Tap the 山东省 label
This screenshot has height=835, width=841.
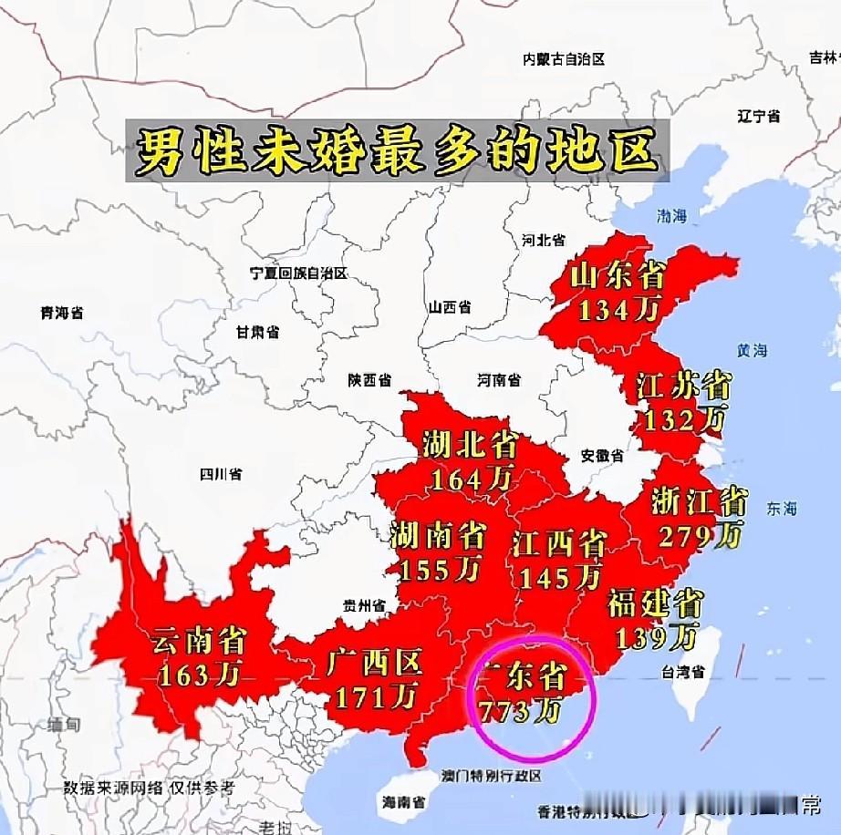pos(618,276)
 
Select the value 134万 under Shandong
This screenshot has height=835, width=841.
pos(618,310)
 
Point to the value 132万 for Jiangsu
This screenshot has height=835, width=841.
pos(684,419)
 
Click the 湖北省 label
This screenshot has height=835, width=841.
pos(471,445)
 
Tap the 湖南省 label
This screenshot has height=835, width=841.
pos(437,534)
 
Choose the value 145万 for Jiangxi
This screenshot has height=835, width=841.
pos(559,576)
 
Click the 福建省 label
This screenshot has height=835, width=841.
pos(655,603)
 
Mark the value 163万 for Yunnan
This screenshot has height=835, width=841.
pos(200,675)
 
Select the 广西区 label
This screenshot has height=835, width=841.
pos(374,665)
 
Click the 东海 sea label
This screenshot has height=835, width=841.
pos(782,508)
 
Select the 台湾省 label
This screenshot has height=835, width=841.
pos(682,673)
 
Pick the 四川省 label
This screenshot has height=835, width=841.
pos(221,474)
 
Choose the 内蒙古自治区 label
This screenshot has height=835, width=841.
pos(564,59)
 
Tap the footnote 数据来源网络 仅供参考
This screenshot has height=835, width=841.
pos(149,786)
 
